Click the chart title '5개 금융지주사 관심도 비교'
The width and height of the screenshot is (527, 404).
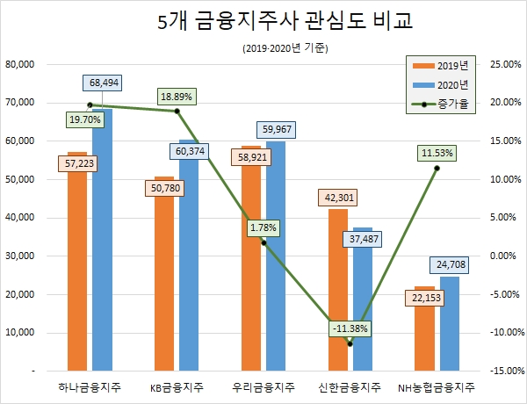(263, 21)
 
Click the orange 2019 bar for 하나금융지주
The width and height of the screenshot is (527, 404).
(77, 263)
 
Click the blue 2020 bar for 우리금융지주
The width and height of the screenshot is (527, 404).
(275, 255)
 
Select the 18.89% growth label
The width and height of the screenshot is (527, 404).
(177, 95)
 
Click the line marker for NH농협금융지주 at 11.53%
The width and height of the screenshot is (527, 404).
(437, 168)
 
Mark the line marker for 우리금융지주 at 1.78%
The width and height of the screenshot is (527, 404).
(263, 242)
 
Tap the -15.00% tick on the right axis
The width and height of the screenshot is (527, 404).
(500, 371)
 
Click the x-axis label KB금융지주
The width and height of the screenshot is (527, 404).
(177, 387)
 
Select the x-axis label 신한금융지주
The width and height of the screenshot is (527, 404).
(350, 387)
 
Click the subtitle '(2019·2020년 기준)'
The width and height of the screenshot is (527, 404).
(263, 47)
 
